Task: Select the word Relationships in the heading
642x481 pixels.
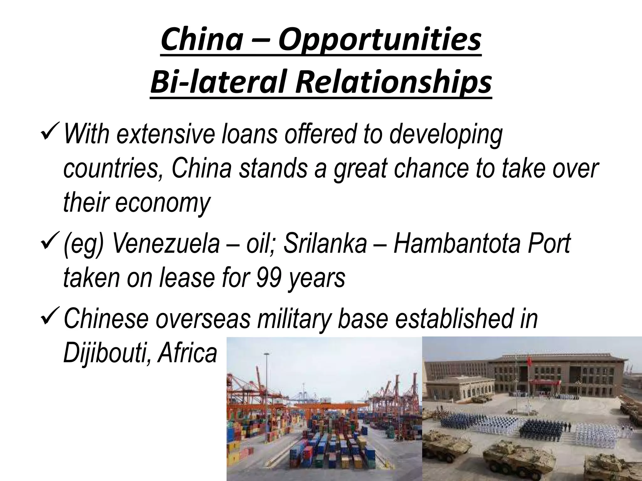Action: pyautogui.click(x=393, y=82)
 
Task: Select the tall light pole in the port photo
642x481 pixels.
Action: pyautogui.click(x=266, y=376)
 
